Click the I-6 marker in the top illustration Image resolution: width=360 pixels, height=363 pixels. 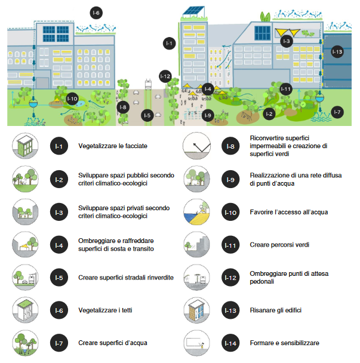(x=96, y=13)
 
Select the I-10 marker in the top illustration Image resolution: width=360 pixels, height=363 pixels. (x=72, y=99)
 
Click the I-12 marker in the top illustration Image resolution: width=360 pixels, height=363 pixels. (x=166, y=76)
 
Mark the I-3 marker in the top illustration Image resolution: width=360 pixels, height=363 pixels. (x=287, y=41)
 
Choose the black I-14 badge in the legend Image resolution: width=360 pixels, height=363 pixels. (x=230, y=343)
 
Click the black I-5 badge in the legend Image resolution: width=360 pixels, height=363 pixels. (x=59, y=278)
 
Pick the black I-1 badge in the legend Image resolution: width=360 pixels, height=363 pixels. (x=59, y=146)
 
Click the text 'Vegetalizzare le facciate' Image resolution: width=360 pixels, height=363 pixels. (x=113, y=146)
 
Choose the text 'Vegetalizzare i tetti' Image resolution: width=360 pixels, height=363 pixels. (x=106, y=310)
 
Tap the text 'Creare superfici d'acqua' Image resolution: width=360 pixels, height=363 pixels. (x=113, y=343)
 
